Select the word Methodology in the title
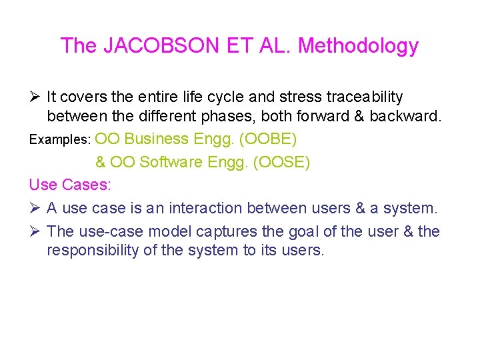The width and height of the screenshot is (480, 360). pyautogui.click(x=358, y=46)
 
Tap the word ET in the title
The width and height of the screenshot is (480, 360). pyautogui.click(x=233, y=46)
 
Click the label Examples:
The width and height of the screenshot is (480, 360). pyautogui.click(x=60, y=140)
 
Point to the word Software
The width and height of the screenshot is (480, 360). pyautogui.click(x=171, y=162)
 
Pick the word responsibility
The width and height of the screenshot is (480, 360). pyautogui.click(x=99, y=251)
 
